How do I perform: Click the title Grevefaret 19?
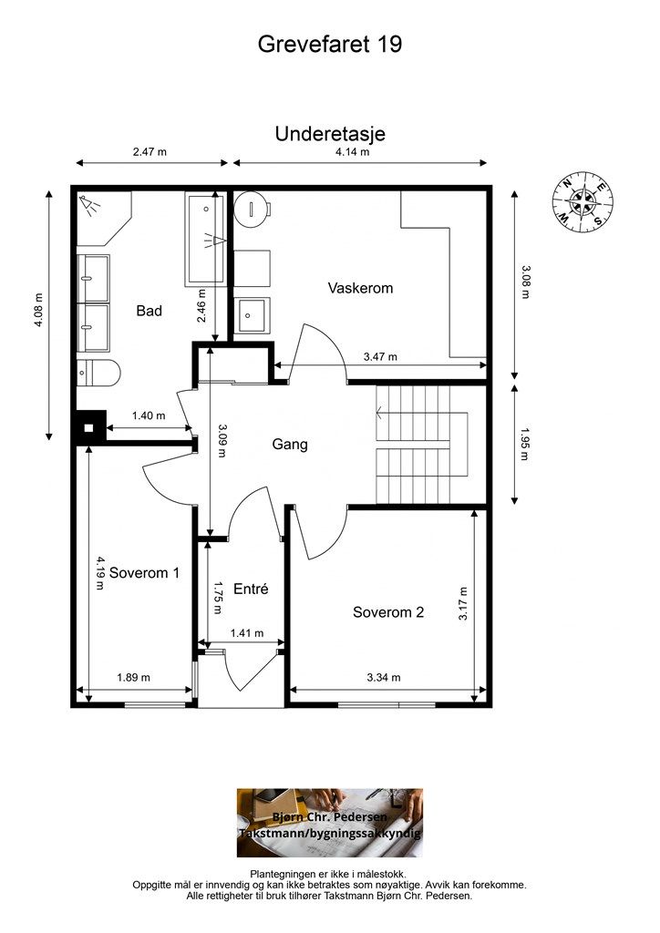click(330, 44)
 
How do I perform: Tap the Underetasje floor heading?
click(330, 134)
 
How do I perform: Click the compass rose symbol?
click(583, 201)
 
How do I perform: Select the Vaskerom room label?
click(360, 288)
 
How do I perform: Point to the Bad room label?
click(149, 310)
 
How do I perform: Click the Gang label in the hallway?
click(290, 445)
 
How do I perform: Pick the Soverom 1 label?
click(144, 573)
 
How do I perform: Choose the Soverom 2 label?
click(388, 612)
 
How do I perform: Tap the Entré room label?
click(251, 589)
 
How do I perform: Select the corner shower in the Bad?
click(103, 218)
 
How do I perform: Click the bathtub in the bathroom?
click(206, 238)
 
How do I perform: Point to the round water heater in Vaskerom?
click(253, 209)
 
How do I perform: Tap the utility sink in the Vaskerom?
click(253, 315)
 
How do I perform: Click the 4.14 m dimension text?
click(352, 152)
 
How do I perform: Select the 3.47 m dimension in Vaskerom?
click(380, 357)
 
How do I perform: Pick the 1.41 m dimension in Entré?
click(246, 633)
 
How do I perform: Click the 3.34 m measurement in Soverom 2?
click(384, 677)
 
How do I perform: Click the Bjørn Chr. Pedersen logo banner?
click(330, 823)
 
